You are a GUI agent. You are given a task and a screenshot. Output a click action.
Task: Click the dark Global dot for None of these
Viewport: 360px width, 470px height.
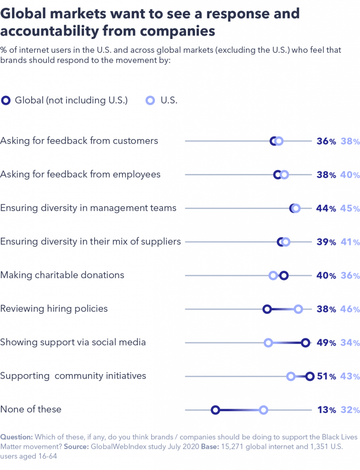pos(215,410)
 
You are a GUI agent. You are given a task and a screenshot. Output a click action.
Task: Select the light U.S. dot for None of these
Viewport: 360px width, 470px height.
pos(263,410)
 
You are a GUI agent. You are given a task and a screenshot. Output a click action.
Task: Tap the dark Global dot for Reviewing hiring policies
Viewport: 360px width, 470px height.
pos(267,309)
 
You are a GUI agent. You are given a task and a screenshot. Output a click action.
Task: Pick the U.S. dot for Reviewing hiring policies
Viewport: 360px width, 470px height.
pos(298,309)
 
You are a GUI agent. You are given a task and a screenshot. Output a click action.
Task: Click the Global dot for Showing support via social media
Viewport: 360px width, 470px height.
pos(305,342)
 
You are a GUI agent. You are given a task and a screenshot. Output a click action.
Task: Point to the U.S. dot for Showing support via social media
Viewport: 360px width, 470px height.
pos(268,342)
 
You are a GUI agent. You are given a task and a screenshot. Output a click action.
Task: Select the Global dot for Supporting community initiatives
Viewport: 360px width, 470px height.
pos(309,376)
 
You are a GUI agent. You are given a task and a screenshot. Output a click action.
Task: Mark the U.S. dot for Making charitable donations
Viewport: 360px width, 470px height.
pos(273,275)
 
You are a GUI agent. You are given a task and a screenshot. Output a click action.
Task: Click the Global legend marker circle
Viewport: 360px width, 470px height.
pos(6,101)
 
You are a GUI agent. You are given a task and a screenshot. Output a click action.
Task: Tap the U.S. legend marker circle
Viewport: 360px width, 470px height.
pos(150,101)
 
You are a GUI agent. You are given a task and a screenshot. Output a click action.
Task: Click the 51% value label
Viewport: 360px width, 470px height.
pos(326,376)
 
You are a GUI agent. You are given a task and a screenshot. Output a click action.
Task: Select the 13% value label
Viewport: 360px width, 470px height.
pos(326,410)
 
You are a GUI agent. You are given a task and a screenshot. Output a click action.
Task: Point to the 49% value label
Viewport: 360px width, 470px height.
pos(326,342)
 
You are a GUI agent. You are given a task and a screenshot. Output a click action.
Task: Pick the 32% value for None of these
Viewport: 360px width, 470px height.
pos(350,410)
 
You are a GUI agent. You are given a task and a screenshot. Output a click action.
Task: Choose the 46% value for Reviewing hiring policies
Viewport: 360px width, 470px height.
pos(350,309)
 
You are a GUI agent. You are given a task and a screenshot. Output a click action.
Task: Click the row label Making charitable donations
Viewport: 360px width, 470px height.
pos(62,275)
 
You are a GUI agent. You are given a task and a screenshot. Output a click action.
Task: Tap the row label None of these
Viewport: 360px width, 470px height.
pos(31,409)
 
